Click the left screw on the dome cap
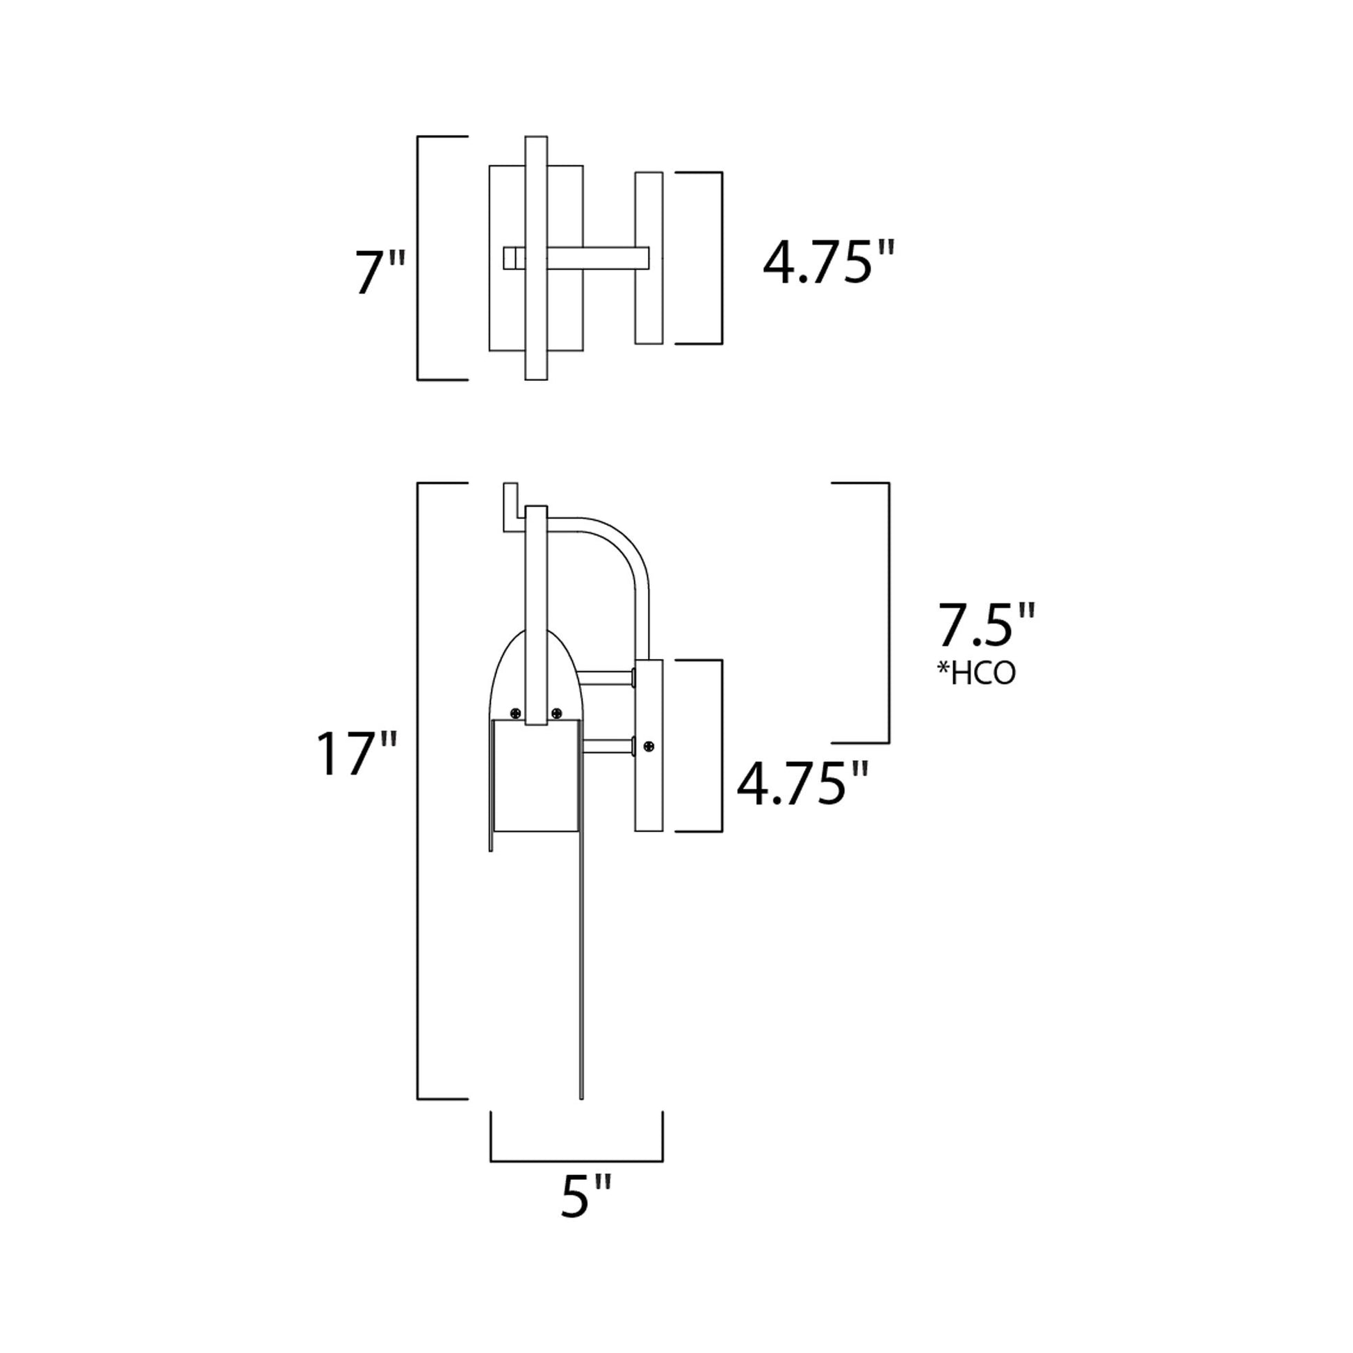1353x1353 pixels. [x=517, y=713]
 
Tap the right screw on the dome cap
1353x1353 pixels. [x=557, y=713]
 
